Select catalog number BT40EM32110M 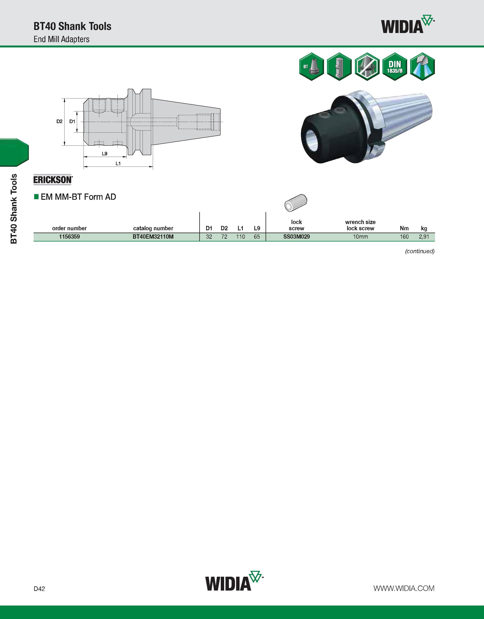[153, 237]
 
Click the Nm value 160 [404, 237]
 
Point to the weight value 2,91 [424, 237]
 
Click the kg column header [424, 228]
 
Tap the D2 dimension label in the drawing [59, 121]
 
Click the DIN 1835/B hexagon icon [395, 67]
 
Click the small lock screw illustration [296, 202]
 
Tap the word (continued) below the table [420, 251]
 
